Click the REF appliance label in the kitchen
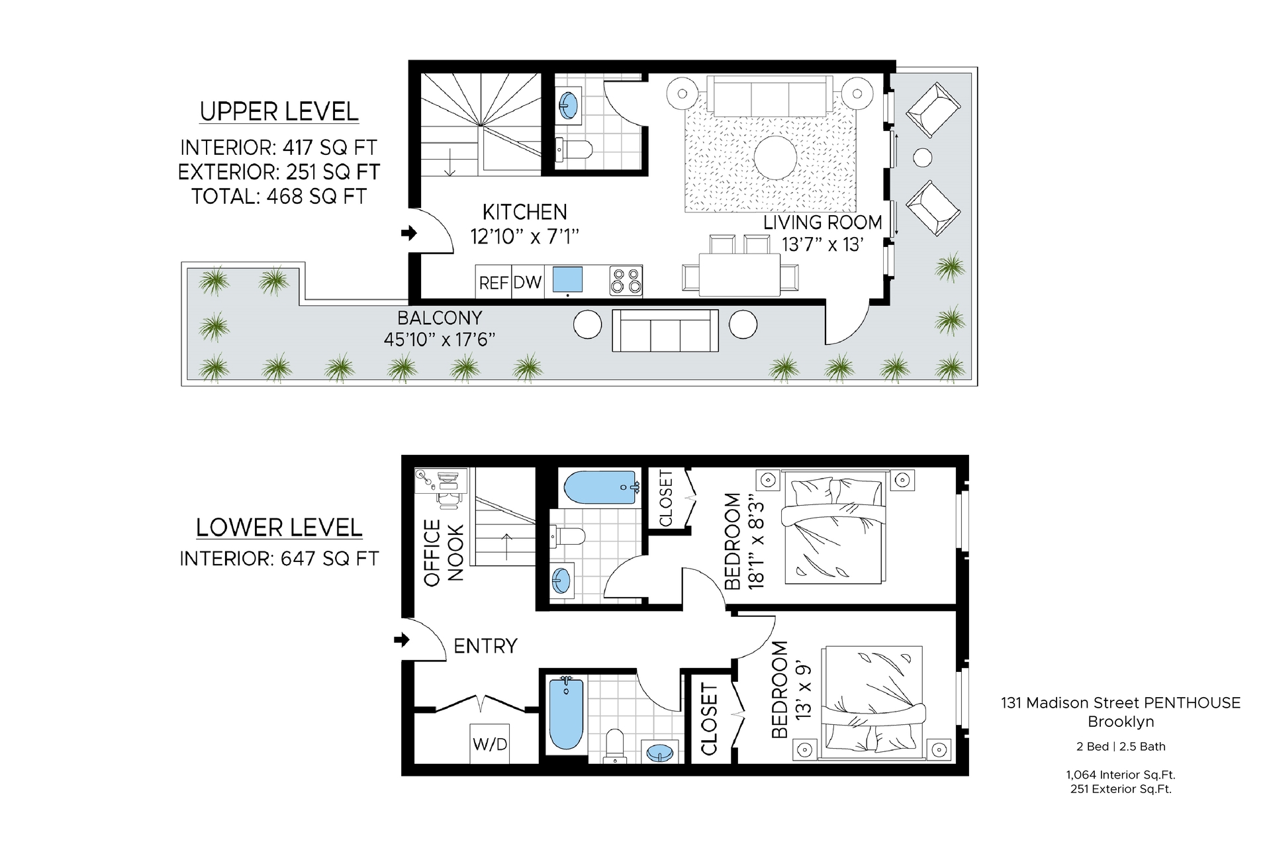[x=493, y=283]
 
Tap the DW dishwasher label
[x=528, y=283]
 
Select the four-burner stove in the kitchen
[x=626, y=281]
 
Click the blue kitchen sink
[x=567, y=279]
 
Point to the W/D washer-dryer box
[x=490, y=744]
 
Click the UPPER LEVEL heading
[x=279, y=112]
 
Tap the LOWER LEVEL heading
[x=279, y=528]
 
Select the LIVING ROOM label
[x=823, y=222]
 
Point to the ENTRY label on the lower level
[x=485, y=645]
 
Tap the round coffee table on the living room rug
[x=775, y=158]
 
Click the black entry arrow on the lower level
[x=402, y=640]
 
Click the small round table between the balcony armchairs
[x=922, y=158]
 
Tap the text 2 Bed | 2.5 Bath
[x=1121, y=747]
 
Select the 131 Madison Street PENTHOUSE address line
[x=1121, y=703]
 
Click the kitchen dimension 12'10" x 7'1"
[x=525, y=236]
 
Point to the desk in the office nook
[x=441, y=480]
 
